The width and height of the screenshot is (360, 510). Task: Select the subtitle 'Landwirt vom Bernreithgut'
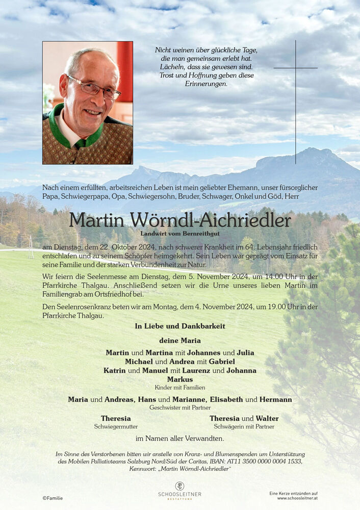coord(180,233)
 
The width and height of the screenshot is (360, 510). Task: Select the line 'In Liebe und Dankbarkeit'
coord(180,326)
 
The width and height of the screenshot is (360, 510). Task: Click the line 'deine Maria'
coord(180,340)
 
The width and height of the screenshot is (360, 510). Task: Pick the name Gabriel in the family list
coord(218,362)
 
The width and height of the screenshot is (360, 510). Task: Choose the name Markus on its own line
coord(180,379)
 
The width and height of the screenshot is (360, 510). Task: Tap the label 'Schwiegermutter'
coord(116,426)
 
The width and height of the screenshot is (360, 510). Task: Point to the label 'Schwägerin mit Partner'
coord(244,426)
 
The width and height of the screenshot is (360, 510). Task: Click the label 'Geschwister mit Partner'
coord(180,407)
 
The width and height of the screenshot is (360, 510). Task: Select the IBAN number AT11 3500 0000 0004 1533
coord(263,461)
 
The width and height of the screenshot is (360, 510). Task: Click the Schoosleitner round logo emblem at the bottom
coord(179,486)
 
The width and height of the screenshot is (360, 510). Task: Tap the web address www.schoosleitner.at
coord(293,498)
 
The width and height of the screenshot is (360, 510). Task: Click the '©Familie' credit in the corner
coord(53,498)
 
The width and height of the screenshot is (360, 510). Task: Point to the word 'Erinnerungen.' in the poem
coord(206,84)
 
